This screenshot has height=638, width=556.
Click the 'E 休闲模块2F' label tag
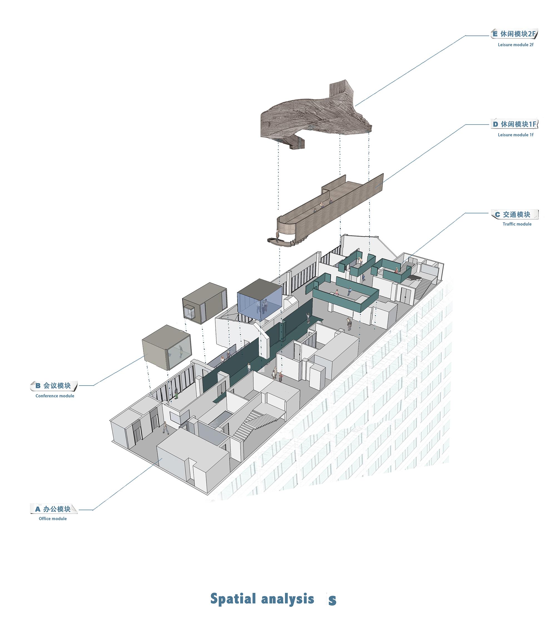(514, 34)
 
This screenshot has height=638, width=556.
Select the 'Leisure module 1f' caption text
(515, 135)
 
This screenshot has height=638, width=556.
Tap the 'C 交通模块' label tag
(515, 214)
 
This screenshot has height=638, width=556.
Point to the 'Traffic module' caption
(517, 224)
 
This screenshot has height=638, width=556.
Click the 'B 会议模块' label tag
(54, 385)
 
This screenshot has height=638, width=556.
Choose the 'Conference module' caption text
(55, 396)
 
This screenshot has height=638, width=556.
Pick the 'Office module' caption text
(53, 518)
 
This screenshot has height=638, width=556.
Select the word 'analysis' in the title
(288, 599)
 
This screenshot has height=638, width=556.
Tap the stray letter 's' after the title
(332, 600)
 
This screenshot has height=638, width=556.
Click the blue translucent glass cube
(259, 300)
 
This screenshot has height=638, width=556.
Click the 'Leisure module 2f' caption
(515, 45)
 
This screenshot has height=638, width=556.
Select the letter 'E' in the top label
(495, 34)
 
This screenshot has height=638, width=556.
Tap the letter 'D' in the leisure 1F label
(495, 124)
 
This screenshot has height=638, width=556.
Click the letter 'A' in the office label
(38, 509)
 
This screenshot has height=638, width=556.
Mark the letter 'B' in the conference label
(38, 385)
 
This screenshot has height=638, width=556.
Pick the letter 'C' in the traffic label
(497, 214)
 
